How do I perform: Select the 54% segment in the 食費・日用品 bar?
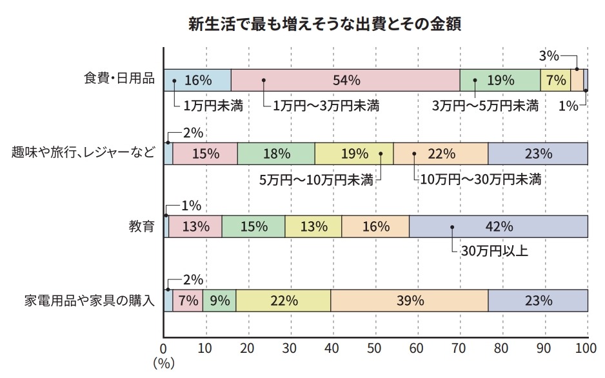(x=345, y=80)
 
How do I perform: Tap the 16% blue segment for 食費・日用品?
(x=197, y=80)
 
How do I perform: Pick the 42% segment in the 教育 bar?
(x=498, y=226)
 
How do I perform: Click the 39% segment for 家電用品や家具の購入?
(x=409, y=301)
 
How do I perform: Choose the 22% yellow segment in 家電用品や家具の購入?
(x=283, y=301)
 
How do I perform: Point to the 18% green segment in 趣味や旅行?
(x=276, y=154)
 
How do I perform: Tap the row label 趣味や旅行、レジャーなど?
(x=84, y=154)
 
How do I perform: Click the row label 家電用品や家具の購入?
(x=90, y=301)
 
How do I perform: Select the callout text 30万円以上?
(x=494, y=251)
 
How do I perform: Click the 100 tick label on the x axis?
(x=586, y=349)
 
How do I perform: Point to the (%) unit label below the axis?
(x=164, y=364)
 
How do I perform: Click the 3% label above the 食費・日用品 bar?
(x=549, y=56)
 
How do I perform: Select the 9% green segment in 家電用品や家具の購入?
(x=219, y=301)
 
